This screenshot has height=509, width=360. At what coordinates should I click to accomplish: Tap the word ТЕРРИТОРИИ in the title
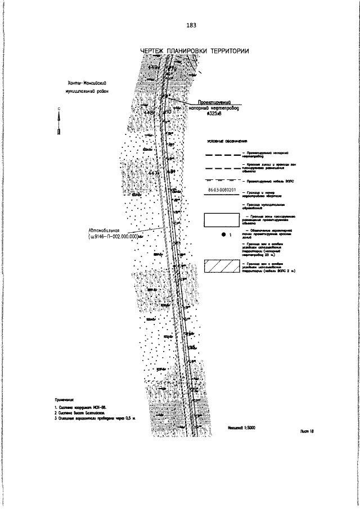230,52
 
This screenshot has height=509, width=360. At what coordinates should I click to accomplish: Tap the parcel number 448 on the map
149,112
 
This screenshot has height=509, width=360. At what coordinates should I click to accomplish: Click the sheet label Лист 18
306,430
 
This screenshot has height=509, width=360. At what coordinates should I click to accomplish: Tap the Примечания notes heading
65,398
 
